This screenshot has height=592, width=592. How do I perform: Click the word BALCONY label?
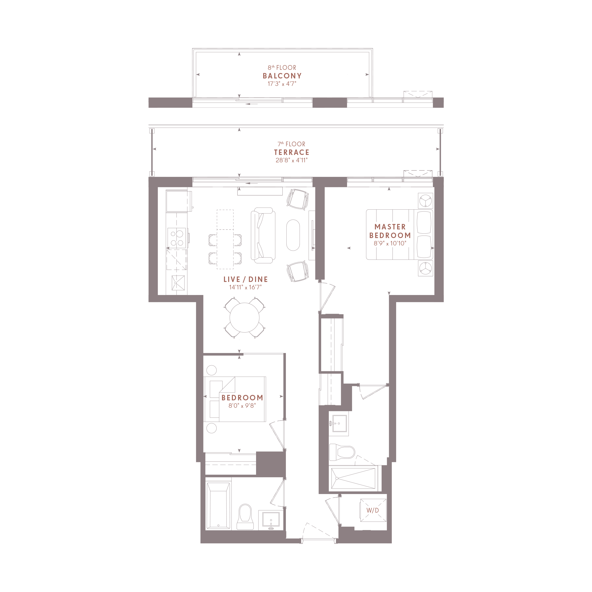coord(282,76)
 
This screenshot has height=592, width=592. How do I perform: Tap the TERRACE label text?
coord(291,152)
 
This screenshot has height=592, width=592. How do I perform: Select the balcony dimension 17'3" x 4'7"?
coord(282,84)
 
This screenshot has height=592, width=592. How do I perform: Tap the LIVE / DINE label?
coord(245,279)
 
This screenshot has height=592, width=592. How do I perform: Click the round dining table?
coord(244,317)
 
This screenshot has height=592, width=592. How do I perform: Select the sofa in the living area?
coord(263,235)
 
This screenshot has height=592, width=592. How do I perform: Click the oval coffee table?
coord(293,235)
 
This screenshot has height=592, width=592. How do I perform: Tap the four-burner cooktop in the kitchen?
coord(177,238)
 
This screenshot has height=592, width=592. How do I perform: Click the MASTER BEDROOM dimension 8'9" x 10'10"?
coord(390,243)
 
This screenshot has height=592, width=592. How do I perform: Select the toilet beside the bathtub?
coord(245,517)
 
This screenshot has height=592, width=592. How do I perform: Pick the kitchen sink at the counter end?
coord(178,282)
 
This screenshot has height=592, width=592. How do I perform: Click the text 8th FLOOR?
coord(282,67)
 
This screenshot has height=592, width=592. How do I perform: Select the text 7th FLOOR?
coord(291,144)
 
